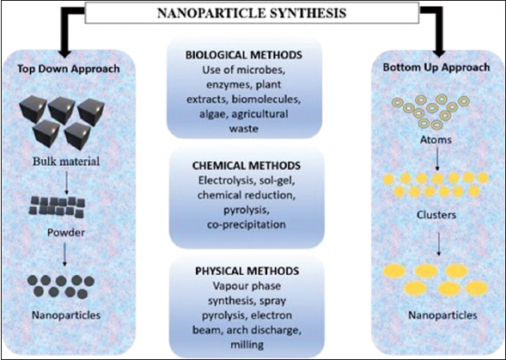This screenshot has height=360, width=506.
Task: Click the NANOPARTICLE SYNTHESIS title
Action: coord(252,13)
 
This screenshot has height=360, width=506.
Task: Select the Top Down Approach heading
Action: coord(69,69)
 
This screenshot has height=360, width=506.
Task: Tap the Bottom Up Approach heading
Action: coord(436,67)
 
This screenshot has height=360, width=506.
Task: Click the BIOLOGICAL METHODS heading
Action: coord(244,55)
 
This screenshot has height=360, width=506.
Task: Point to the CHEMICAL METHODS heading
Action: coord(247,166)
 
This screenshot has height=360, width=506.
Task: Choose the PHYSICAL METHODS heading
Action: coord(247,271)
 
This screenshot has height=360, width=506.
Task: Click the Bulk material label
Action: coord(66,162)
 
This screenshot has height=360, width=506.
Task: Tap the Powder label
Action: coord(66,233)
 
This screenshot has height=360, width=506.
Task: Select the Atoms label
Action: coord(436,140)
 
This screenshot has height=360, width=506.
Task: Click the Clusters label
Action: coord(436,215)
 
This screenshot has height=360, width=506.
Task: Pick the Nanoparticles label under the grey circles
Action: coord(66,315)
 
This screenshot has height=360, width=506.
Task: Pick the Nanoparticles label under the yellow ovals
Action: coord(442,315)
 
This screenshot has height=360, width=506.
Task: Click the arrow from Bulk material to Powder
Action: coord(66,182)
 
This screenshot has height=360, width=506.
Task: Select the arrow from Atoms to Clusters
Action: coord(437,159)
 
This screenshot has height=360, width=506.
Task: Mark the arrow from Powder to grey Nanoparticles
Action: coord(64,254)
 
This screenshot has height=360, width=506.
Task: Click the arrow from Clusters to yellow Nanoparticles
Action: coord(438,244)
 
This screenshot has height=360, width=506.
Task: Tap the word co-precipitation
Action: coord(247,225)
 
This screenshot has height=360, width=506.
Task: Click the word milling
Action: coord(247,345)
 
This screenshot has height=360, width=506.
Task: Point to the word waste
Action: coord(244,129)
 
